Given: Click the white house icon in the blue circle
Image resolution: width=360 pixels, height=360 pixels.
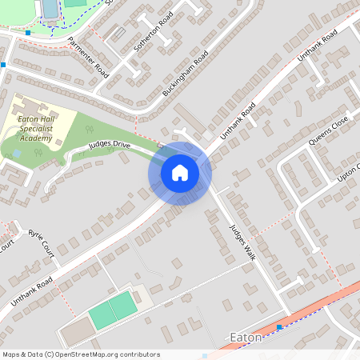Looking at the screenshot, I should coord(180,172).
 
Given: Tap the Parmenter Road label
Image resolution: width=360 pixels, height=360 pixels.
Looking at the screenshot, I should coord(88,57).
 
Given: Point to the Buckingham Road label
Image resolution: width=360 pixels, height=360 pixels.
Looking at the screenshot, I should coord(185,74).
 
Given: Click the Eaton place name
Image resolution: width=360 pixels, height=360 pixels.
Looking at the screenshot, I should coord(246,338).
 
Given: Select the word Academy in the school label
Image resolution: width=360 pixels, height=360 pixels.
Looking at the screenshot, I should coord(37,138).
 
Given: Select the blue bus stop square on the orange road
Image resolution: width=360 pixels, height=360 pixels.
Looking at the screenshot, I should coord(278,327).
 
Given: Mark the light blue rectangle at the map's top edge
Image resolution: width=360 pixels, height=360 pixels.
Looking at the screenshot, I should coord(50,8).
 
